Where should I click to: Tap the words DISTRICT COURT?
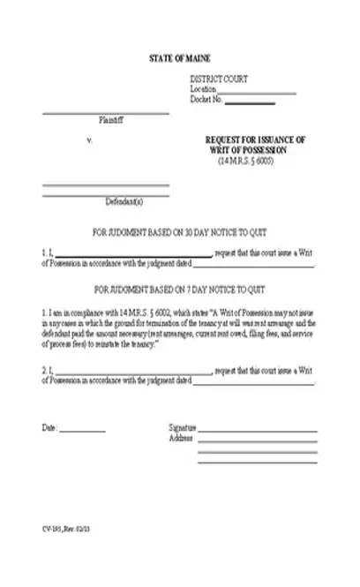(x=219, y=79)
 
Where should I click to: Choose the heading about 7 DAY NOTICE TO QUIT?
(x=180, y=290)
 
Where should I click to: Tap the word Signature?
(x=181, y=427)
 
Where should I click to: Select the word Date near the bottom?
(x=49, y=427)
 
